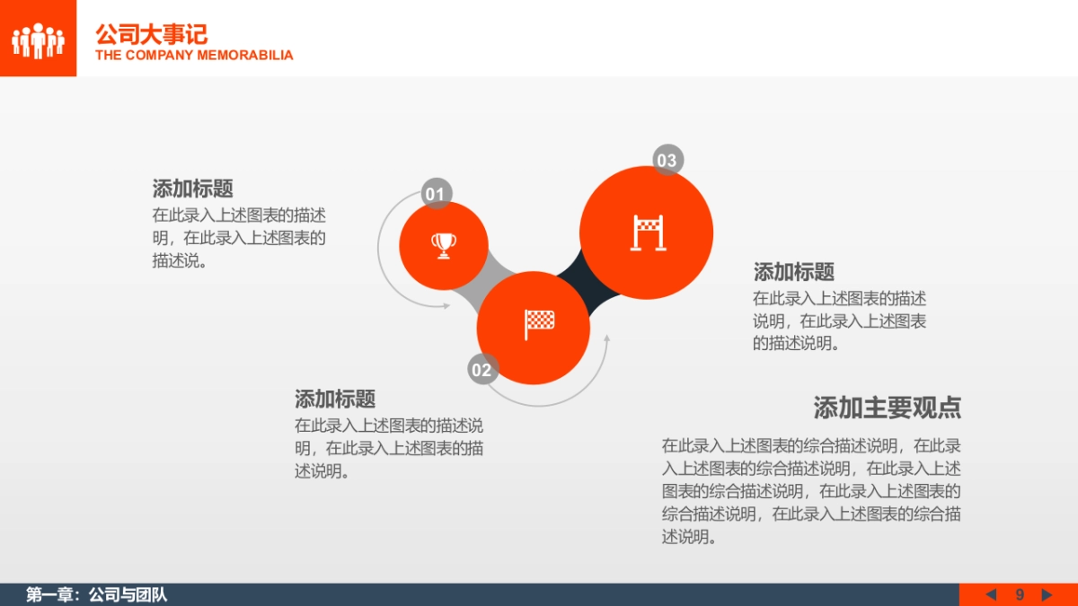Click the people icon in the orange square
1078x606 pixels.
click(38, 40)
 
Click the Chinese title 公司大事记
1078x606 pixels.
click(151, 34)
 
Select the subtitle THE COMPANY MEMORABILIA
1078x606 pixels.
click(194, 56)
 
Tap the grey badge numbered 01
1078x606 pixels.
click(436, 194)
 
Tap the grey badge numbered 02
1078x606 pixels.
click(482, 369)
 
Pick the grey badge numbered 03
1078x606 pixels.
click(667, 160)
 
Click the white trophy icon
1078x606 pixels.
click(443, 244)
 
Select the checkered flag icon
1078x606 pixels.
click(539, 323)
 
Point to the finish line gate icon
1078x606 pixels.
click(648, 233)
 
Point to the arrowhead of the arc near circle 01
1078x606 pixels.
click(446, 306)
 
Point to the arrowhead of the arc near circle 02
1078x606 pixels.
click(607, 339)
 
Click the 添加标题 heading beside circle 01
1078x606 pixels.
click(192, 189)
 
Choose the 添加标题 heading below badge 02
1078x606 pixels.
click(335, 399)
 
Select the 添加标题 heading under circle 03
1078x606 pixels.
click(793, 272)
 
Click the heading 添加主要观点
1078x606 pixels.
click(887, 408)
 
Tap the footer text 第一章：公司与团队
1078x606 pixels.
click(97, 594)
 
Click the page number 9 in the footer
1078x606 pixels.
click(1020, 594)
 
